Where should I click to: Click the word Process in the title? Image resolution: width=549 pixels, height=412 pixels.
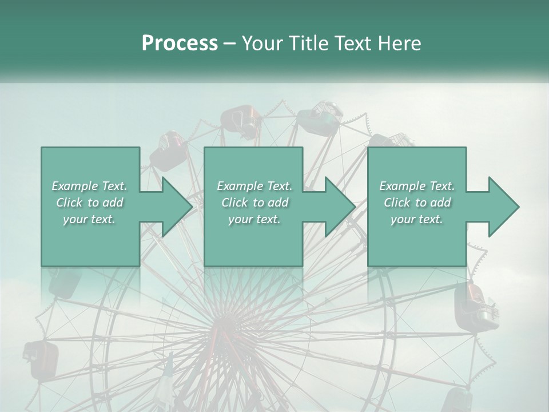[x=180, y=43]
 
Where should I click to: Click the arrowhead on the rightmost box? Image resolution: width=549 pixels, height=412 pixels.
[x=503, y=207]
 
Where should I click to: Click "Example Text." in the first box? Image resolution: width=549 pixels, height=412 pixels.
[x=90, y=186]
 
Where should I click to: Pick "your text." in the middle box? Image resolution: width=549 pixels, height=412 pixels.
[x=254, y=219]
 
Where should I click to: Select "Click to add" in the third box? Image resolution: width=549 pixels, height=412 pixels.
[x=417, y=203]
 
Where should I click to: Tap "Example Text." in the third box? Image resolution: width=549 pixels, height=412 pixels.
[x=417, y=186]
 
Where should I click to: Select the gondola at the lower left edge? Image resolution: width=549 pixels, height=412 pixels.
[x=41, y=358]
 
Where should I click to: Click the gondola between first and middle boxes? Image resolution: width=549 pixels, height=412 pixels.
[x=166, y=150]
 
